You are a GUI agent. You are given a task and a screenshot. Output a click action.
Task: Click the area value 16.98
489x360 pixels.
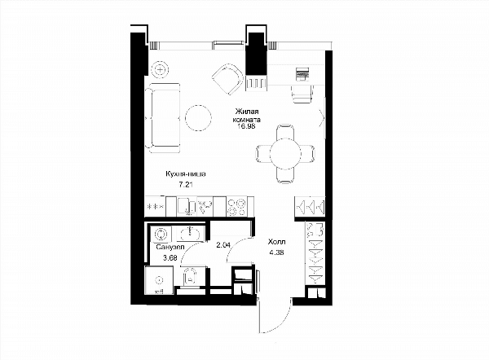[x=246, y=126]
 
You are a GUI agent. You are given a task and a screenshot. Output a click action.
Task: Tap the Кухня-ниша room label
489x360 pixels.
[x=186, y=174]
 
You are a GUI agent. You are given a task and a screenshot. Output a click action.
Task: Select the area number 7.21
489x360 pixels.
[x=186, y=185]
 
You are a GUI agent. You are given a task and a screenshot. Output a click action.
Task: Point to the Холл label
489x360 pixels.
[x=276, y=242]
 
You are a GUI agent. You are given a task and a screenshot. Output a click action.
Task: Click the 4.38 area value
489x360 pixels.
[x=276, y=252]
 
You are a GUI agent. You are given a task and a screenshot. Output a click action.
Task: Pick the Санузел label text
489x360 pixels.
[x=170, y=247]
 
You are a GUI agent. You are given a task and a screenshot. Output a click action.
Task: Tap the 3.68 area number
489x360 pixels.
[x=170, y=257]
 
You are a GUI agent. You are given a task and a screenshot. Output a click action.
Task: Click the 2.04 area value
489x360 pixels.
[x=223, y=245]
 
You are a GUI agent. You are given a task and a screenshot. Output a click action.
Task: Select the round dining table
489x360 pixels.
[x=285, y=153]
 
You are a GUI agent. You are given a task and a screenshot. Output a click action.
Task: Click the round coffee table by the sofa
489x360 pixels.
[x=198, y=118]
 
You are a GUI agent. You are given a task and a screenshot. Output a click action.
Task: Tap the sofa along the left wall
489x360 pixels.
[x=163, y=118]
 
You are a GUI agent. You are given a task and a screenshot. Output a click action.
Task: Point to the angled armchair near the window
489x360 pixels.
[x=227, y=79]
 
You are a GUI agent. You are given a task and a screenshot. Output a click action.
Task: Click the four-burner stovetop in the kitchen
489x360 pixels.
[x=236, y=207]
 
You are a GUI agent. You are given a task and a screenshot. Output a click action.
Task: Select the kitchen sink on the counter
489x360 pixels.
[x=187, y=206]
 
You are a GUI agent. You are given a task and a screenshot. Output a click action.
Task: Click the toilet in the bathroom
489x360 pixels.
[x=190, y=276]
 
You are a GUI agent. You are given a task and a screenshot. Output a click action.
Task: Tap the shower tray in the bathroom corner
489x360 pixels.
[x=160, y=280]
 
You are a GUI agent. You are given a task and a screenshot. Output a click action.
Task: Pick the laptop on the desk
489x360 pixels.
[x=302, y=74]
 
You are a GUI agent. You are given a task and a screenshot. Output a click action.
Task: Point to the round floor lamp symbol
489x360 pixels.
[x=160, y=69]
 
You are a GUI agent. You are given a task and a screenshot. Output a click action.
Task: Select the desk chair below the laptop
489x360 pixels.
[x=302, y=94]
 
